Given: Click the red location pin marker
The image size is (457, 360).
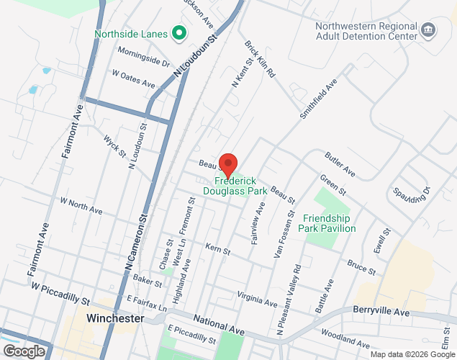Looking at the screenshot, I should click(228, 166).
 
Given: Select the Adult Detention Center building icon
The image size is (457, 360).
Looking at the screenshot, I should click(429, 30).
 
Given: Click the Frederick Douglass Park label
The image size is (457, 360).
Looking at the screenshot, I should click(240, 186).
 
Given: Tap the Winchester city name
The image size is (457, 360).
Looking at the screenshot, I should click(115, 318).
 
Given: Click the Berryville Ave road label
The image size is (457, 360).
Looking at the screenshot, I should click(381, 312).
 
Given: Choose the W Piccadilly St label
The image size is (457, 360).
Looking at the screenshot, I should click(60, 292).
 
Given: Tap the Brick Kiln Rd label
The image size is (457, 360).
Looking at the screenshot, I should click(261, 59).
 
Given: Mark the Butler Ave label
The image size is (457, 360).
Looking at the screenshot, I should click(340, 165).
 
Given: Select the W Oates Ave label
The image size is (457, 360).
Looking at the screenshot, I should click(134, 78).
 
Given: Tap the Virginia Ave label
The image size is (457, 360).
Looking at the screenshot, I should click(256, 300).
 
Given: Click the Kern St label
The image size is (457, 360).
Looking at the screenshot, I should click(217, 251).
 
